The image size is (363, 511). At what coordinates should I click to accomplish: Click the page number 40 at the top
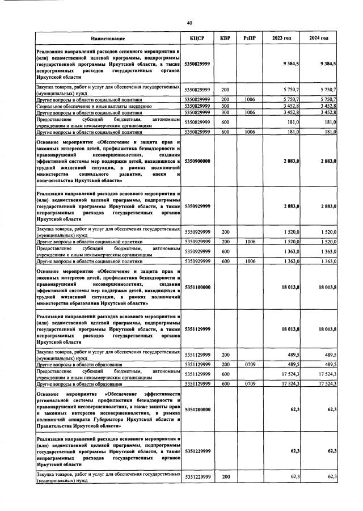(x=189, y=23)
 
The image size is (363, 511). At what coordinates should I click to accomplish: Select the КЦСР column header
(x=197, y=38)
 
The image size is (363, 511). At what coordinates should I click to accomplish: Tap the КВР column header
(x=225, y=38)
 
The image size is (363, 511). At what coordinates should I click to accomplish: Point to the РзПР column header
(x=250, y=38)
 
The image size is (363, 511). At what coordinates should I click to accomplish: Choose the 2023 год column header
(x=282, y=38)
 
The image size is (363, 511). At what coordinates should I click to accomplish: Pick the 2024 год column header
(x=319, y=38)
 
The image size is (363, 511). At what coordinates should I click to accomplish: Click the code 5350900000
(x=197, y=161)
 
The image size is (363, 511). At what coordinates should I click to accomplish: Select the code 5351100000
(x=197, y=288)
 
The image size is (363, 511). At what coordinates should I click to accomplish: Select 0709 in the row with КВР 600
(x=250, y=384)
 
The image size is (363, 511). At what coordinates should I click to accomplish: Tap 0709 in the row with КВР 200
(x=250, y=364)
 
